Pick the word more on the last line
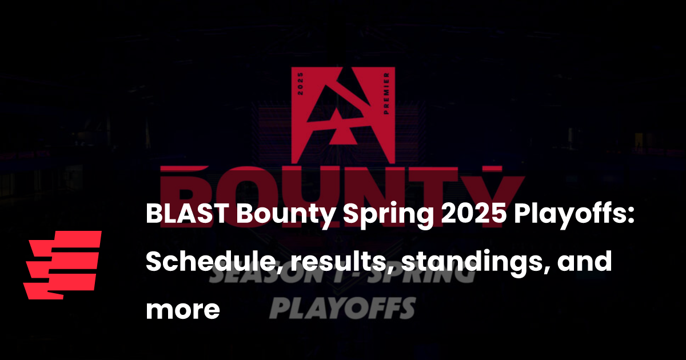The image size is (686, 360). [x=182, y=310]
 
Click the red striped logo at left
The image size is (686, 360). [x=62, y=265]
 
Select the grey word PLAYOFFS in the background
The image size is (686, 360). [x=342, y=309]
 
